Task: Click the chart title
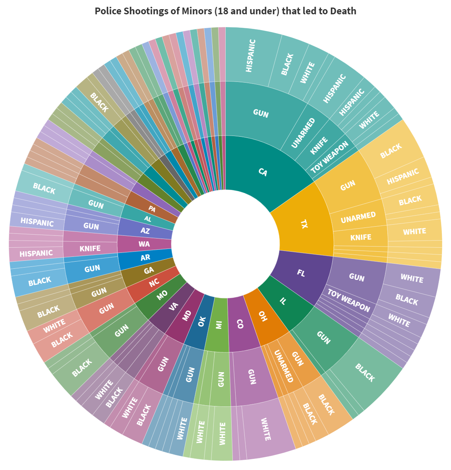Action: point(225,11)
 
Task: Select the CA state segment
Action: point(262,172)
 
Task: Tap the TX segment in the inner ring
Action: point(304,224)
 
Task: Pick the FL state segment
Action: point(301,273)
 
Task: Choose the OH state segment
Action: point(262,316)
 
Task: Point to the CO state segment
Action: point(240,324)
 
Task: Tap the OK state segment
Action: point(201,321)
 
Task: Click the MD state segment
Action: point(186,316)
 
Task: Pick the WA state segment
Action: point(144,244)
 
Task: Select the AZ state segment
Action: point(145,231)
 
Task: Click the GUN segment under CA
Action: point(261,113)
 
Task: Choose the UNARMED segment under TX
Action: point(358,217)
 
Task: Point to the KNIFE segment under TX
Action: point(361,237)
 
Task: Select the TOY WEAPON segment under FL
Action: point(348,301)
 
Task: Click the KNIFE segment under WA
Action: point(90,249)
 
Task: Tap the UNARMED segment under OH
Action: point(283,366)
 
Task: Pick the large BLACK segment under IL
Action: point(365,373)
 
